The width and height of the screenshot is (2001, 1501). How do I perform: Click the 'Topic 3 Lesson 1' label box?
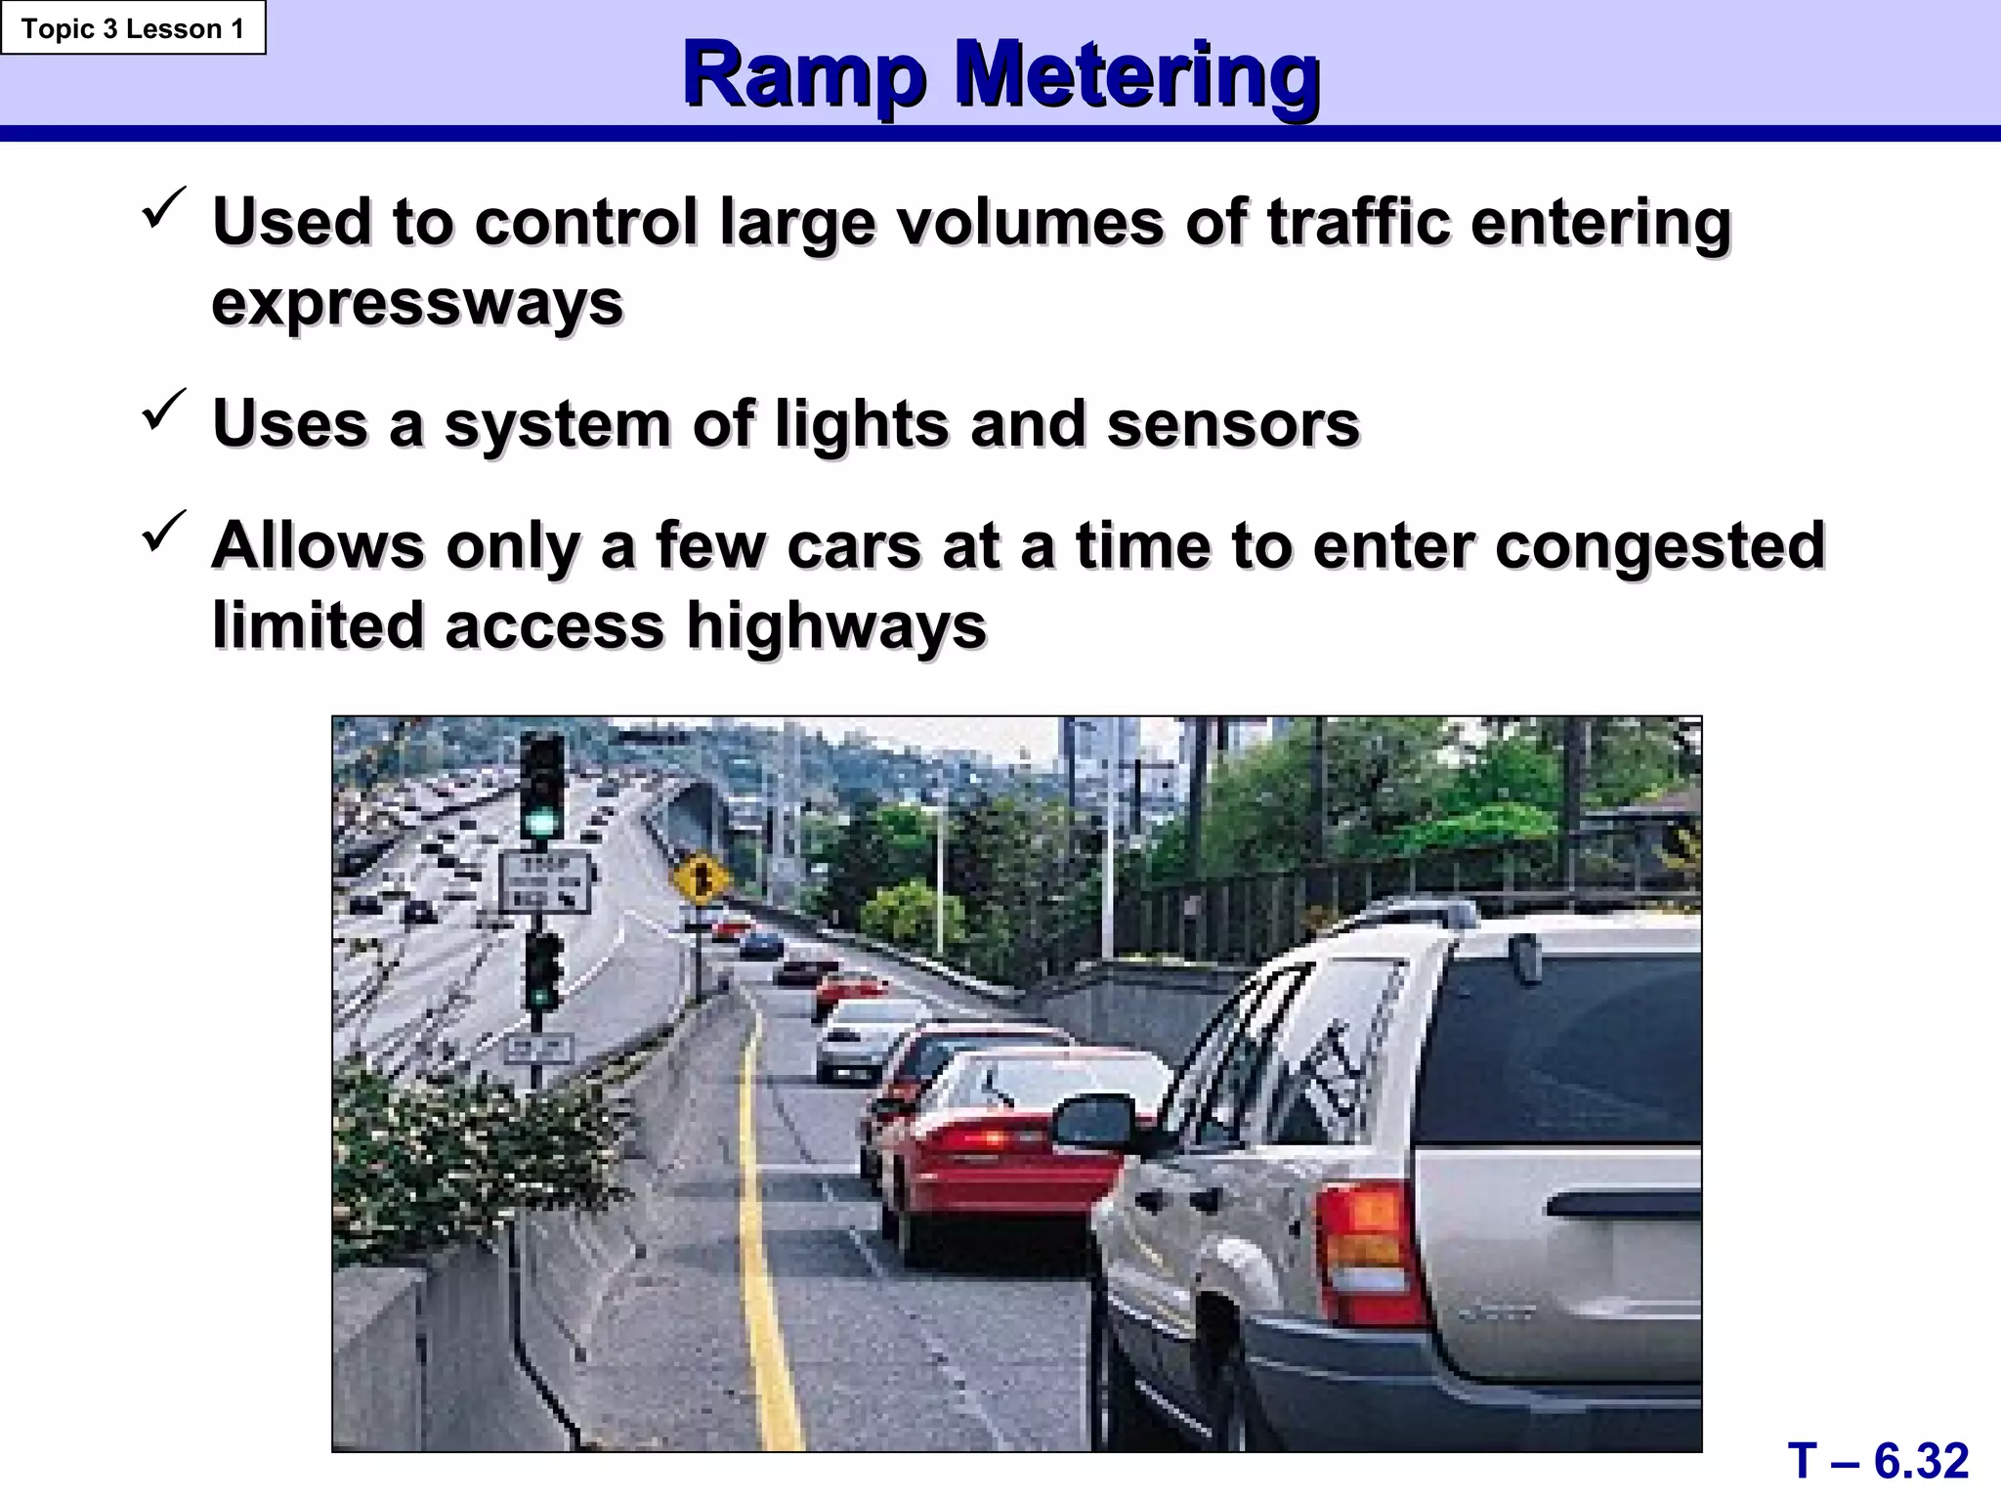click(133, 28)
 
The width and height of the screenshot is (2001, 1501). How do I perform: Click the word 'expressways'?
click(417, 303)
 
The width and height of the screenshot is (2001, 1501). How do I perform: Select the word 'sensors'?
click(1233, 424)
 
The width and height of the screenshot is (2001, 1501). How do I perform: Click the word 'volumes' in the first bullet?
click(1030, 222)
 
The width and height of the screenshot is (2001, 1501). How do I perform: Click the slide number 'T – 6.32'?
click(1878, 1461)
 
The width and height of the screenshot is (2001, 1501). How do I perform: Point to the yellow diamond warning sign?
click(701, 878)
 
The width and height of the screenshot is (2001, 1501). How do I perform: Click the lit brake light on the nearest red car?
click(988, 1138)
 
